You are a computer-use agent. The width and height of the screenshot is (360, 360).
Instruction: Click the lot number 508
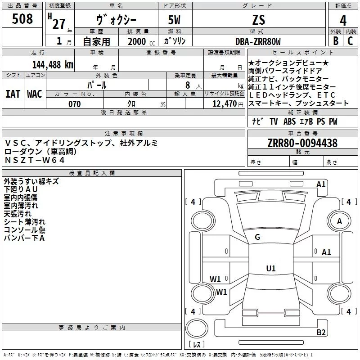22,19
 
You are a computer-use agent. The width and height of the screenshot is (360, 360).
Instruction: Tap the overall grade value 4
343,20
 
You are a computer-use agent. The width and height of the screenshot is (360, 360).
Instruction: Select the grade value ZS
258,20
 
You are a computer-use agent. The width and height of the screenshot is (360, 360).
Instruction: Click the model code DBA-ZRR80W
258,42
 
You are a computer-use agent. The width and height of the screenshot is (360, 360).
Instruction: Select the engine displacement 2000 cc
137,42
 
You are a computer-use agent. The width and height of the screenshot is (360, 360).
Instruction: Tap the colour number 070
74,104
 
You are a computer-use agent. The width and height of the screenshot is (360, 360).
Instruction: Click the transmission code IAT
13,94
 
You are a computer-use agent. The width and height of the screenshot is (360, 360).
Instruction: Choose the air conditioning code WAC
34,94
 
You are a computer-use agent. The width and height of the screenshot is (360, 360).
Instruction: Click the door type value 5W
175,20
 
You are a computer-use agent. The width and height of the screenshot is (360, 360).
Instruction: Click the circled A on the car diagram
339,221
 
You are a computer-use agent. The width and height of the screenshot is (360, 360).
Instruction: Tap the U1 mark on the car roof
270,269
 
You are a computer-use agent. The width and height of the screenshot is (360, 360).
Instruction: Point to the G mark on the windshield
257,237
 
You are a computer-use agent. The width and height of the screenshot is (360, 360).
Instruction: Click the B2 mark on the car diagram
321,333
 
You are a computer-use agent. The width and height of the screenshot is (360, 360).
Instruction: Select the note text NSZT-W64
35,160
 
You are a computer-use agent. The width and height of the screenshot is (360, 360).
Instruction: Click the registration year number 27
59,24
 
